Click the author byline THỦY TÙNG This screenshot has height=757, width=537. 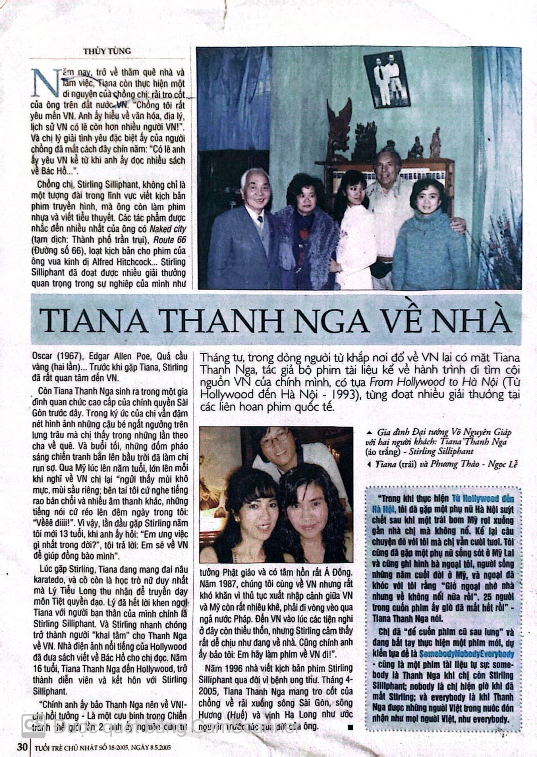click(x=107, y=51)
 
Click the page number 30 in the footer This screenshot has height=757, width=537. click(x=22, y=748)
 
